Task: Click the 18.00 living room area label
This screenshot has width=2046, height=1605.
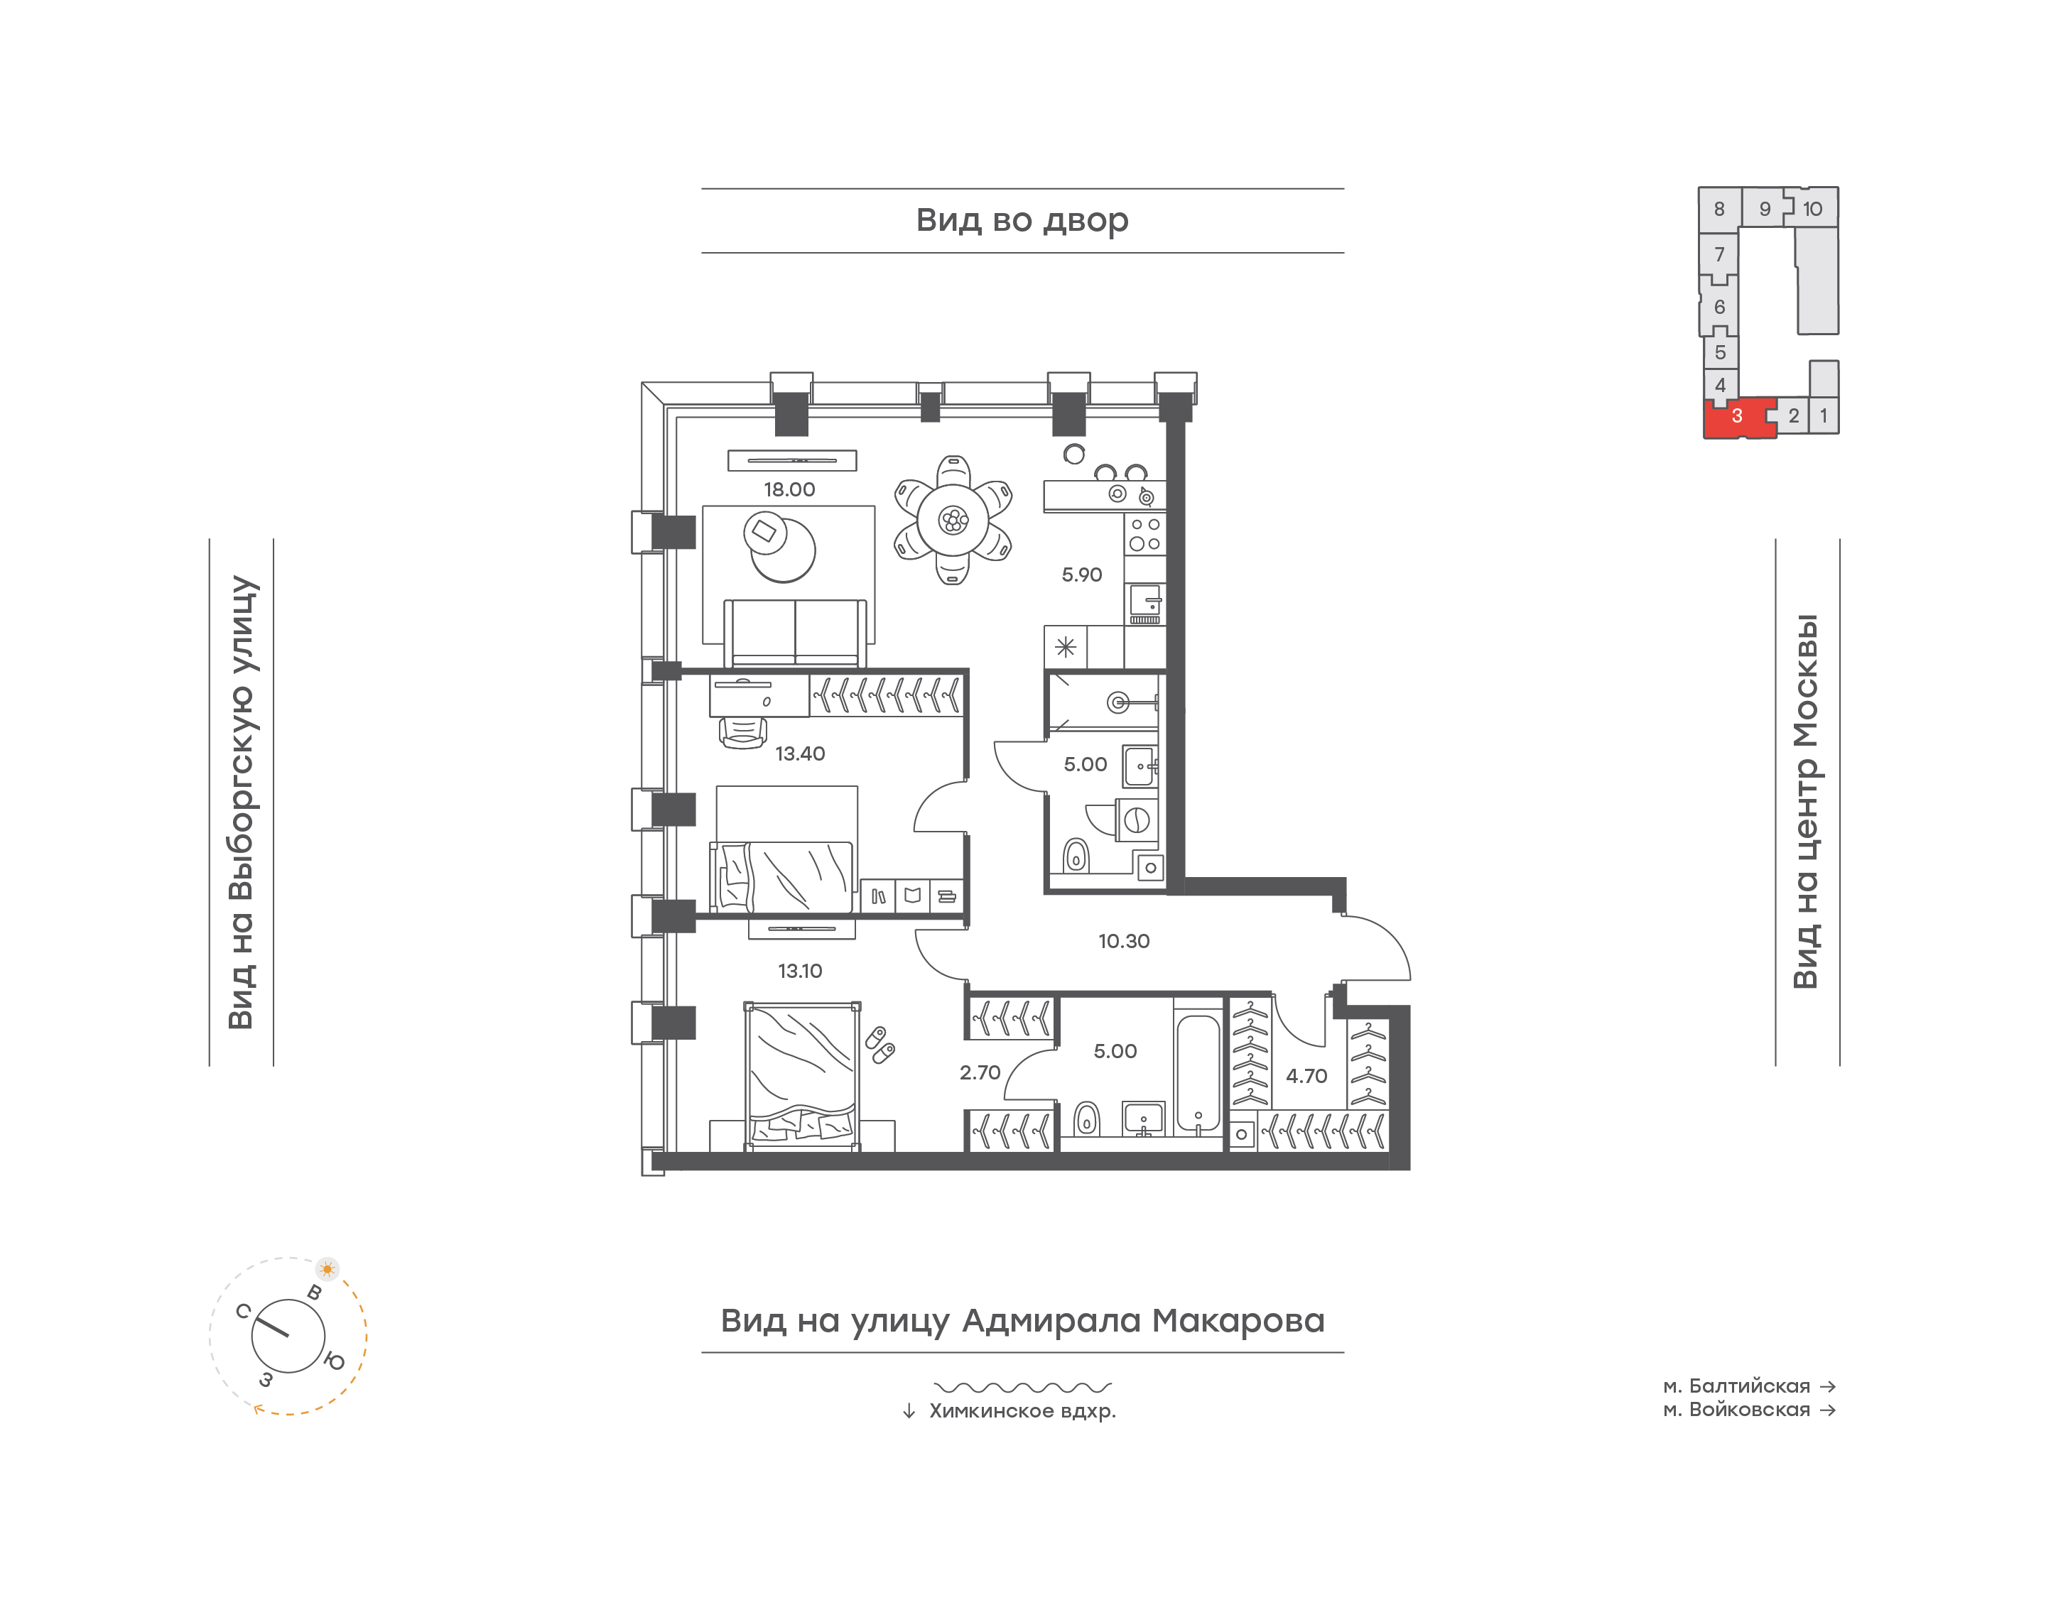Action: (789, 489)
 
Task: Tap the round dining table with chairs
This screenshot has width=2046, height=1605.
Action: (953, 520)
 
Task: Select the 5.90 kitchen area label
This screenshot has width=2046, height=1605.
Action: (1082, 574)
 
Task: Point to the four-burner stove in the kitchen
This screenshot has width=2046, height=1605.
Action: (1144, 534)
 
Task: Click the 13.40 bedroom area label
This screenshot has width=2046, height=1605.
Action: (800, 753)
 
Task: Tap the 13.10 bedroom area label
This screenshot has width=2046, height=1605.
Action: (800, 971)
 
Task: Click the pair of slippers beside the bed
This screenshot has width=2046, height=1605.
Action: (879, 1045)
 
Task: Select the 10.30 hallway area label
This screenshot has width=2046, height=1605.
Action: (1124, 941)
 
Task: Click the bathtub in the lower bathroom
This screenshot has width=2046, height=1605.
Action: (1198, 1072)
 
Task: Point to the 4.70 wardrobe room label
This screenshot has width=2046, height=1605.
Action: (1306, 1076)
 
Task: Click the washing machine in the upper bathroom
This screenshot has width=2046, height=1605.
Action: (1136, 820)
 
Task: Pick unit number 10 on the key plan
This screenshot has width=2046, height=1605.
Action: (1812, 209)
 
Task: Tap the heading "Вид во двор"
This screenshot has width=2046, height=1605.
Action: (1022, 220)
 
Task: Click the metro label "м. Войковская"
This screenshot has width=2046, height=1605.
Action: (1737, 1410)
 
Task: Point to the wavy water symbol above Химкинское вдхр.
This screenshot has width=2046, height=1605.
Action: (1022, 1387)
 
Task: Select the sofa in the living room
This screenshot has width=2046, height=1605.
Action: (795, 633)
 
